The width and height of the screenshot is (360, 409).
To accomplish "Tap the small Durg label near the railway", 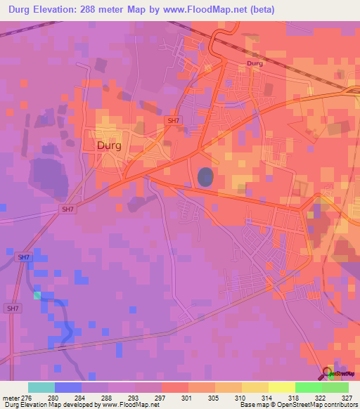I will [255, 64].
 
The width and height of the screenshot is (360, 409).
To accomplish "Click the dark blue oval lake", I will [205, 176].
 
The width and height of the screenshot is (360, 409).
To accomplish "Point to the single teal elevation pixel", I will [37, 295].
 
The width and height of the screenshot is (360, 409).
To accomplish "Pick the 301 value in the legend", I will [186, 398].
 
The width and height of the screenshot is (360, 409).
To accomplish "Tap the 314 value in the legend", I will [266, 398].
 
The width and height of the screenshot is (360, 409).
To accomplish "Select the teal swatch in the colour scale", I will [41, 387].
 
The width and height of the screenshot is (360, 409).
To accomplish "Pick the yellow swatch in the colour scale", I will [281, 387].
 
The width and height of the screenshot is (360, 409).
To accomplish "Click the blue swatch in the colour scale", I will [68, 387].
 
